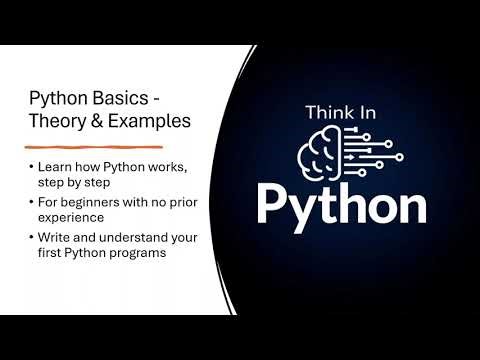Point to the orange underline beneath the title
94,147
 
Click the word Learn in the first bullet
55,165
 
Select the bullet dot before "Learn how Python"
32,165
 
